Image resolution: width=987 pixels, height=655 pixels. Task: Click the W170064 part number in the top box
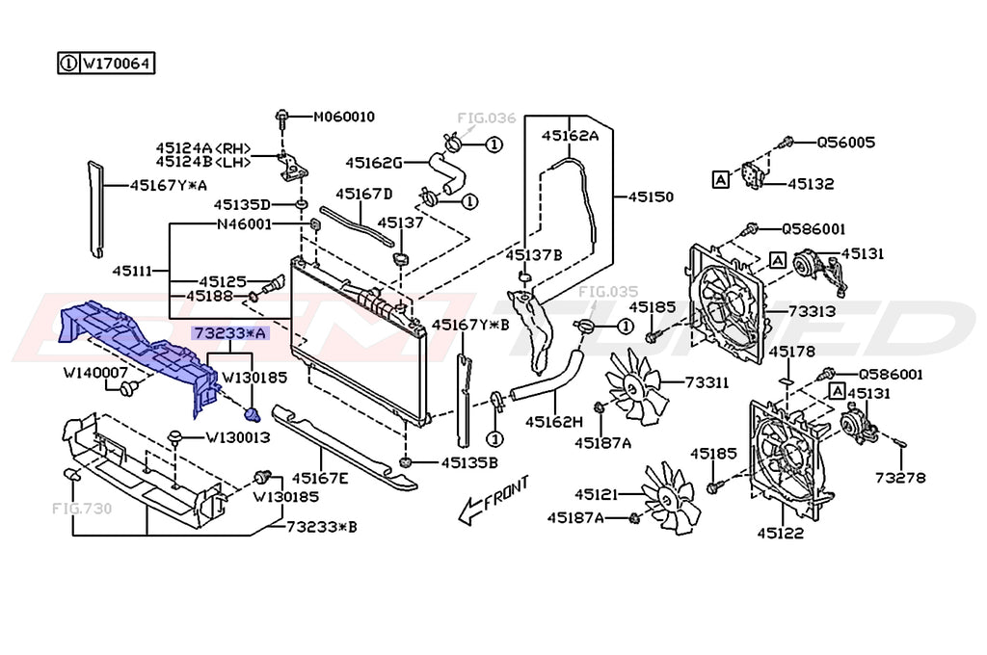pos(117,64)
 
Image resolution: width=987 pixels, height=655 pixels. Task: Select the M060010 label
pos(344,117)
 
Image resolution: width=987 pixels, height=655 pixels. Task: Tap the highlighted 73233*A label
pos(229,333)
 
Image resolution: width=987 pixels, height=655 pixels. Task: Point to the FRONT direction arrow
pos(493,500)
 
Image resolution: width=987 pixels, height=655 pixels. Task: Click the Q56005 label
pos(846,143)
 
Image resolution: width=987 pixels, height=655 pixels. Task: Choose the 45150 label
pos(651,196)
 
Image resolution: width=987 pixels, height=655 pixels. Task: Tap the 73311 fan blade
pos(633,385)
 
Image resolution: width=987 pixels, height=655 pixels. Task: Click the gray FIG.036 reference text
pos(486,118)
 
